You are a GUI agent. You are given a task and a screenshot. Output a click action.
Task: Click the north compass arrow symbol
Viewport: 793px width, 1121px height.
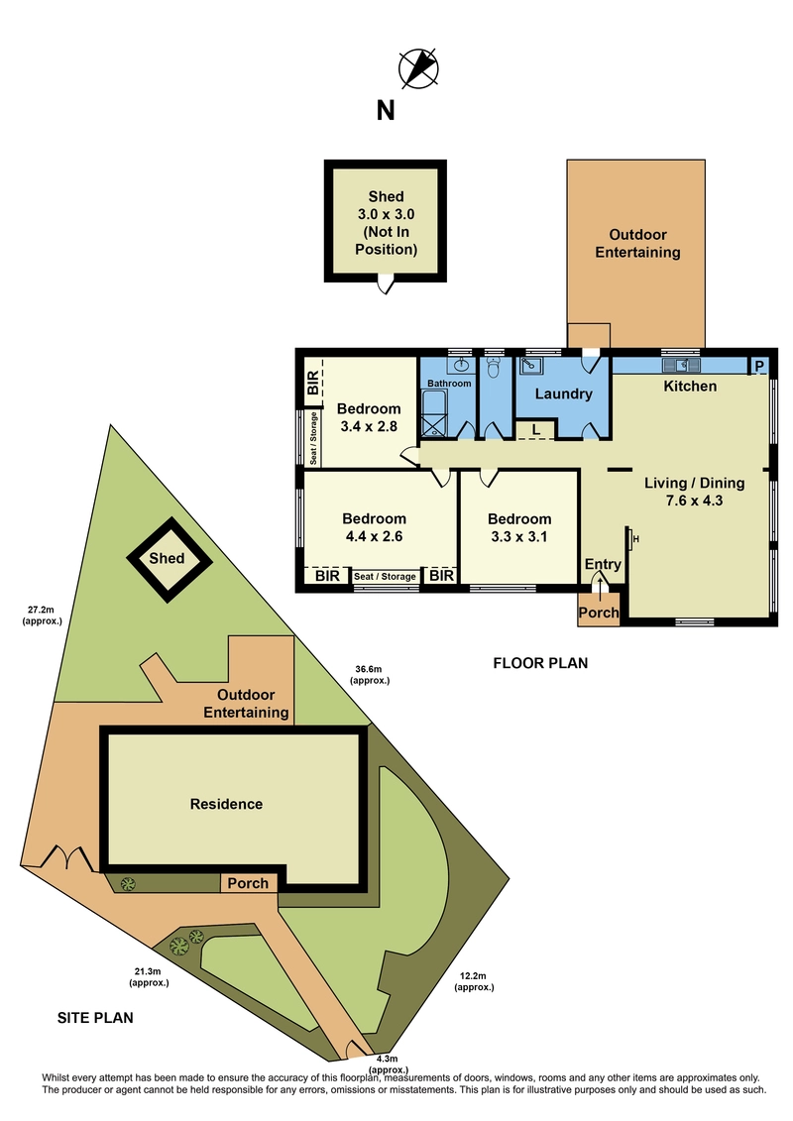(x=418, y=68)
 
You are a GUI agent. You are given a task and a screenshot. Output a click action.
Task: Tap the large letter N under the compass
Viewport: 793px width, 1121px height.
(x=386, y=111)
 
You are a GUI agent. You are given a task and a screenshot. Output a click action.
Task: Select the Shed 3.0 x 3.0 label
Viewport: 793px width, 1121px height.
(x=387, y=222)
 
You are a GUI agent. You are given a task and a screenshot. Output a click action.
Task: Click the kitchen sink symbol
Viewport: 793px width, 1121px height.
(x=681, y=366)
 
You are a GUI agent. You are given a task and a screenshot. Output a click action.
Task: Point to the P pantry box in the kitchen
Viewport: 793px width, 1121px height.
(x=759, y=366)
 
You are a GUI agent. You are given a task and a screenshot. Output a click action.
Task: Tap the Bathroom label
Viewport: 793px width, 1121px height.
(x=449, y=384)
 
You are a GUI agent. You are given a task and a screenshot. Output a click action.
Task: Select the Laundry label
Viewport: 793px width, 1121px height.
(x=563, y=393)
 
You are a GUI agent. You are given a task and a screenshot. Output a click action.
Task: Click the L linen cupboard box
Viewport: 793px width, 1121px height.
(x=535, y=430)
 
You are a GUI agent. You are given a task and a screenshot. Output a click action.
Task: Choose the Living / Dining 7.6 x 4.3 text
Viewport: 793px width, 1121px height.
(x=694, y=492)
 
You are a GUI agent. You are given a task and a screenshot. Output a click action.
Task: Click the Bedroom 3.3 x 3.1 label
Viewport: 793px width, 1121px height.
(x=519, y=527)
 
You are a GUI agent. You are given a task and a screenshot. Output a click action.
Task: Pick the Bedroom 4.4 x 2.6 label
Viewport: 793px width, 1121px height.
(x=374, y=527)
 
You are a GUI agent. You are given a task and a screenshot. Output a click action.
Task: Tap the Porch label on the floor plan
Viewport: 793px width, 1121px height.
(x=599, y=613)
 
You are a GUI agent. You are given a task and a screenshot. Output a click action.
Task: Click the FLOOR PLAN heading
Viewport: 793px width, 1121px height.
(x=540, y=663)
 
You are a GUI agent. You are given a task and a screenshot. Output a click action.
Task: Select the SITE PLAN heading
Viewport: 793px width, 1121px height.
(x=95, y=1017)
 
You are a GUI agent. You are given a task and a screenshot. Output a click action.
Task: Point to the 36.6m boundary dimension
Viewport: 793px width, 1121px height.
(x=370, y=675)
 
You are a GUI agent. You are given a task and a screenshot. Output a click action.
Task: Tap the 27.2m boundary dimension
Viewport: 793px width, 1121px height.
(x=42, y=616)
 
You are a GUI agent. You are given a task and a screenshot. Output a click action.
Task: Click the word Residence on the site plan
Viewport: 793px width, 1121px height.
(x=226, y=804)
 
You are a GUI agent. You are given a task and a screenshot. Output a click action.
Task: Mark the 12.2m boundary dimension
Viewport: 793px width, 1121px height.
(x=474, y=981)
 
